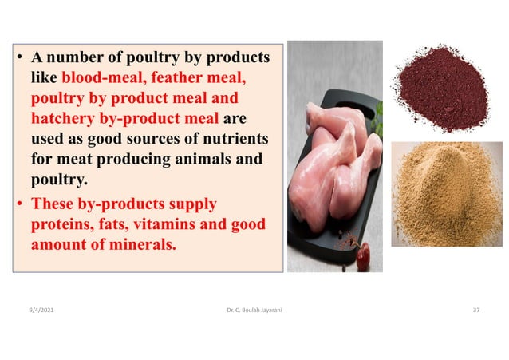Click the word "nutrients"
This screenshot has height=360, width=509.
pyautogui.click(x=231, y=140)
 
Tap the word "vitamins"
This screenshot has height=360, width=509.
pyautogui.click(x=165, y=225)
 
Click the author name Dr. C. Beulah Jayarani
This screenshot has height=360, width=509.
pyautogui.click(x=254, y=307)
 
